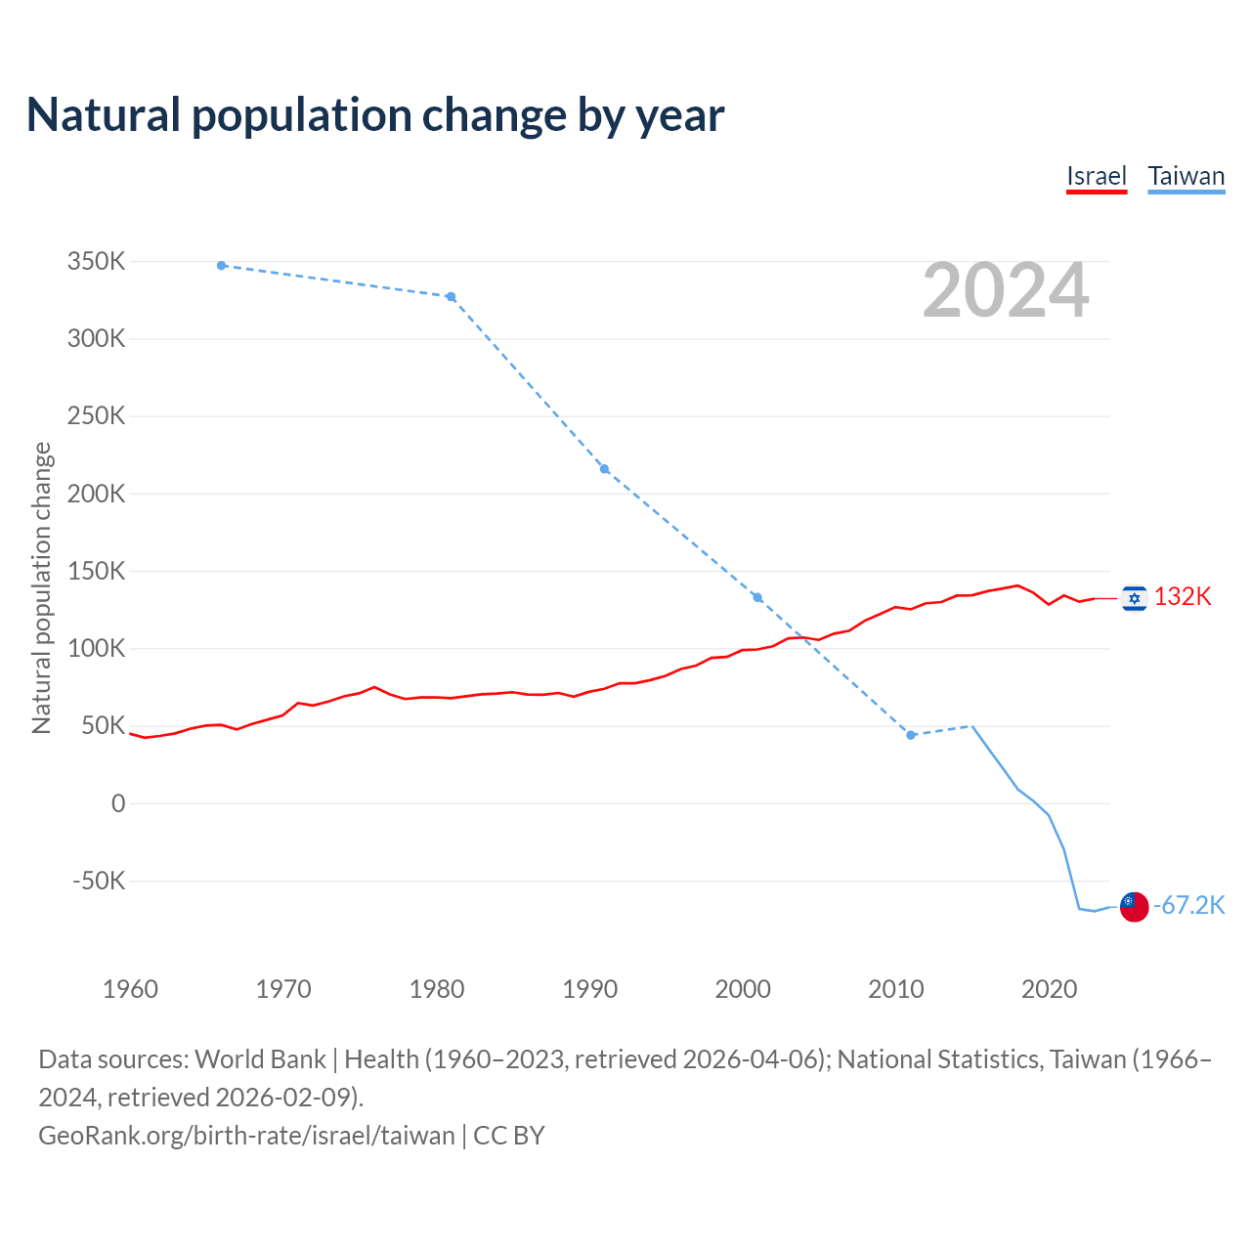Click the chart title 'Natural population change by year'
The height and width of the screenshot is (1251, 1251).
click(375, 115)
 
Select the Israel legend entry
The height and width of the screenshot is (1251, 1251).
click(1096, 176)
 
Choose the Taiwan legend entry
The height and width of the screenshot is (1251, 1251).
click(1186, 176)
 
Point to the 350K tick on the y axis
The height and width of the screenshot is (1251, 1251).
click(96, 262)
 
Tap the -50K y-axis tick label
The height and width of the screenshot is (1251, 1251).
click(99, 881)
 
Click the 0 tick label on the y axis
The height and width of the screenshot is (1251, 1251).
click(118, 803)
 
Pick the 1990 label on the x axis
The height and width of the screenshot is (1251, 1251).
click(589, 989)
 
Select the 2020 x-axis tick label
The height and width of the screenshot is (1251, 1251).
click(1049, 989)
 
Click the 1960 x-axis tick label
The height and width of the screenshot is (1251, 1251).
click(130, 989)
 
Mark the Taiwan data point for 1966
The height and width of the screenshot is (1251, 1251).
click(222, 266)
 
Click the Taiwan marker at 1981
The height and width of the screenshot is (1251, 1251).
click(451, 297)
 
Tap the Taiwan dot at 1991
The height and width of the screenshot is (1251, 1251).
click(604, 469)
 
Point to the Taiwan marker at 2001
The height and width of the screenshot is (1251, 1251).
click(757, 597)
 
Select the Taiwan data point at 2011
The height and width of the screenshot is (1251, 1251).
click(911, 735)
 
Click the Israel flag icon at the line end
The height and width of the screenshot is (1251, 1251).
click(1134, 598)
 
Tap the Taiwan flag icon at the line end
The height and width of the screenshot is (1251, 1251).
click(1134, 906)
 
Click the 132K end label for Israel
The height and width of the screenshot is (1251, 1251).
click(1183, 597)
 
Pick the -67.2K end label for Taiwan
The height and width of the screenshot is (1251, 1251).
click(1189, 906)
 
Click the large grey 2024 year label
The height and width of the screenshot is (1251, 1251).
click(1006, 290)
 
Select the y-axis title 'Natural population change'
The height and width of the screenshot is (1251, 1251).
click(42, 587)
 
